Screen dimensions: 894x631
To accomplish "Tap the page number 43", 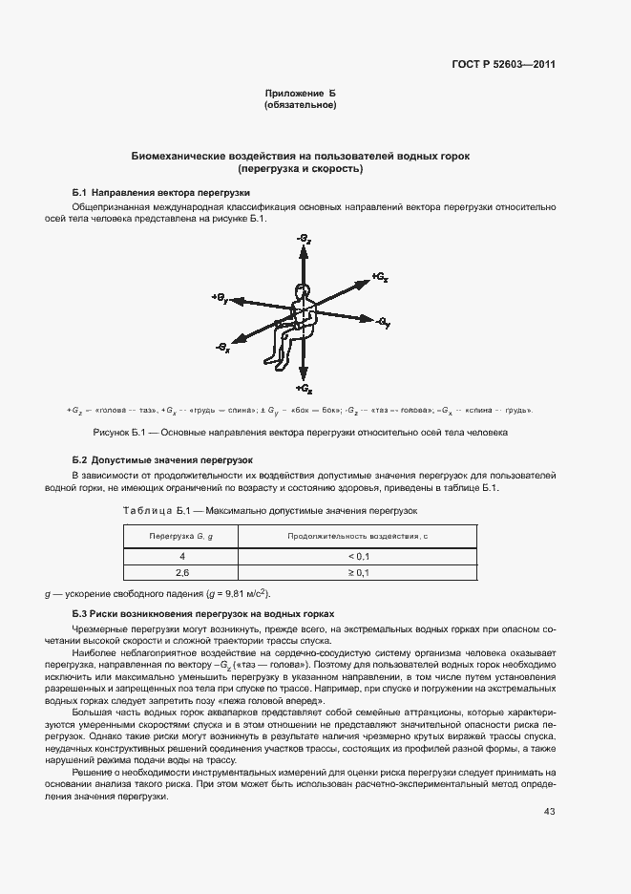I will click(x=549, y=812).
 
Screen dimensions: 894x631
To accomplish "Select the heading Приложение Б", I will click(x=300, y=93).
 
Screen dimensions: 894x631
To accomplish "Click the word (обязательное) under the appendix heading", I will click(x=300, y=104).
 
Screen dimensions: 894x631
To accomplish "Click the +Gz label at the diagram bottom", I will click(x=303, y=390).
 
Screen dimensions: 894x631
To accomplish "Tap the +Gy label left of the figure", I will click(x=219, y=298).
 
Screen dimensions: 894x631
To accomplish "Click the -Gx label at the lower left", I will click(x=223, y=350).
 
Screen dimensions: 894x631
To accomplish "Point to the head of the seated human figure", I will click(x=303, y=292).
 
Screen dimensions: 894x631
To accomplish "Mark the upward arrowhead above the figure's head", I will click(x=303, y=250).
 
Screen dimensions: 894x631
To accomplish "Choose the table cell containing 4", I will click(x=180, y=555).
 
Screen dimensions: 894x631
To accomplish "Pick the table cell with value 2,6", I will click(x=180, y=572).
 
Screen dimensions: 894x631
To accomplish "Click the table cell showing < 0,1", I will click(x=357, y=555).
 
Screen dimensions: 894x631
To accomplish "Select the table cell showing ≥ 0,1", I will click(x=357, y=572).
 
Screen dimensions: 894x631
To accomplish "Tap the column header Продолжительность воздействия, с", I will click(x=357, y=537).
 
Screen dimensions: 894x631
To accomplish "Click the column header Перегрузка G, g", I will click(x=180, y=537).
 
